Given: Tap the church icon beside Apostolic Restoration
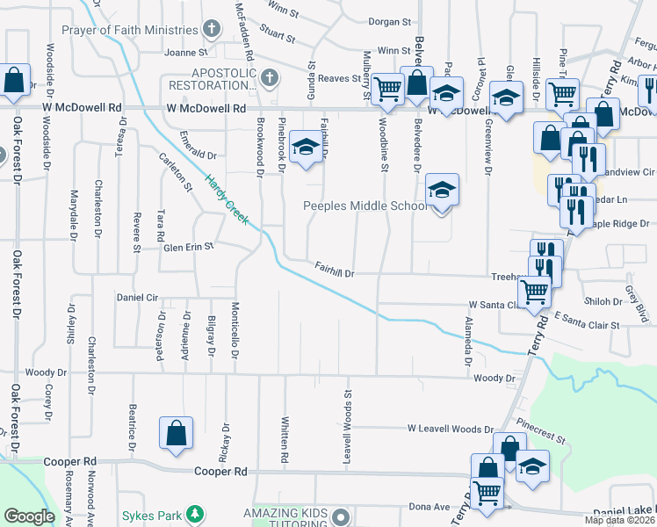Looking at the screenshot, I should tap(270, 78).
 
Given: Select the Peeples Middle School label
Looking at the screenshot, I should tap(365, 206).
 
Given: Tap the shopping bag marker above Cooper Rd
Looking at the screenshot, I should tap(176, 433).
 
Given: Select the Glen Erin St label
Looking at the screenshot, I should tap(188, 248).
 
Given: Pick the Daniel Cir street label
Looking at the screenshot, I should tap(136, 298).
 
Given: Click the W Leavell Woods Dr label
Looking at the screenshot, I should tap(451, 429).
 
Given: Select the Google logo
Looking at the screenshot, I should tap(29, 516).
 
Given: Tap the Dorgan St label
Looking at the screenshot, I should tap(390, 21).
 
